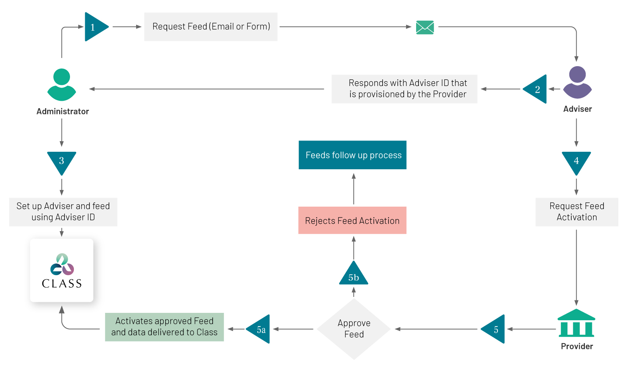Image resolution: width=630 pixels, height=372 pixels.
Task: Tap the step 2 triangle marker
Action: [536, 89]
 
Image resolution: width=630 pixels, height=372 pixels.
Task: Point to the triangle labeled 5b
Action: [353, 274]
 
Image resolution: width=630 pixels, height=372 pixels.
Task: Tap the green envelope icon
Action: [425, 27]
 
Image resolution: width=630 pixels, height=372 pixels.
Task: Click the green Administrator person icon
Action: [61, 84]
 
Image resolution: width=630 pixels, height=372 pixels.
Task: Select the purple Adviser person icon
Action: [577, 82]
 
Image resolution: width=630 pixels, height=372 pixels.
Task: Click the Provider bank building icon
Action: [576, 323]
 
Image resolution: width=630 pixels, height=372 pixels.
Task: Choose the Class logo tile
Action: [61, 270]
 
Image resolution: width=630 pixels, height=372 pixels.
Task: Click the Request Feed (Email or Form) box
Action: [211, 27]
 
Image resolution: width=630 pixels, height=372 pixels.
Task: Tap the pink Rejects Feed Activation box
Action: [352, 220]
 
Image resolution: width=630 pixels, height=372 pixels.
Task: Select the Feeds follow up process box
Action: [352, 155]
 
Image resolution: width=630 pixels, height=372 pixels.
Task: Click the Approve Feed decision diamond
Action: [354, 329]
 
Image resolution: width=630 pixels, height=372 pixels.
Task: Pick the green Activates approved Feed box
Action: [164, 327]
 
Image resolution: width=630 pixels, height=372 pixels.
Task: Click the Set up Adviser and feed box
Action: [63, 212]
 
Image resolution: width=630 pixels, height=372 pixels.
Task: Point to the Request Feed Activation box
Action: [577, 212]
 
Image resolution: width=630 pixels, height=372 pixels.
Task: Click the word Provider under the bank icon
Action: [577, 346]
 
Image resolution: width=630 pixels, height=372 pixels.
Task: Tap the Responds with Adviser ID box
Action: [404, 89]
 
